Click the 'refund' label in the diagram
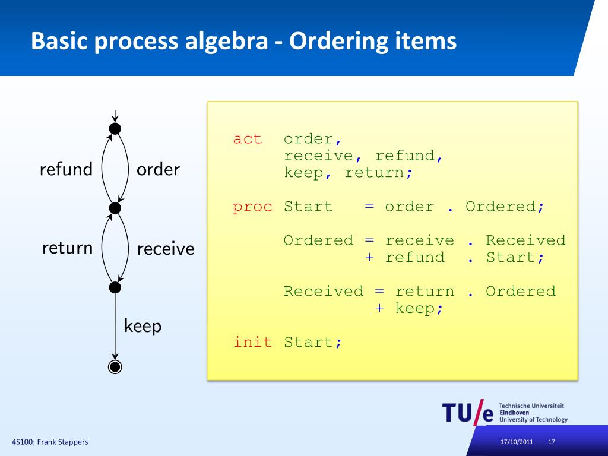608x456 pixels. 66,170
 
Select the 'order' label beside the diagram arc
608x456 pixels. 158,170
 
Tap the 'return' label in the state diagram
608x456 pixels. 67,248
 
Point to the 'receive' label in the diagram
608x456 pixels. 166,249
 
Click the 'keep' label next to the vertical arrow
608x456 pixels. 142,326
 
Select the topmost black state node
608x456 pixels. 115,128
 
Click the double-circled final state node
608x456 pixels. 115,367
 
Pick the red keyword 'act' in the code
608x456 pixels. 247,139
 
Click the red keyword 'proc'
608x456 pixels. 252,207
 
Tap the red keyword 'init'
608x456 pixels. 252,342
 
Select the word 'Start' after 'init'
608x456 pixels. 309,342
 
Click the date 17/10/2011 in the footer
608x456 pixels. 517,442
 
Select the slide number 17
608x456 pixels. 552,442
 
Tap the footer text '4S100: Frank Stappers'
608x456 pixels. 50,442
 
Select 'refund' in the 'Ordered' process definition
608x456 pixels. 414,258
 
